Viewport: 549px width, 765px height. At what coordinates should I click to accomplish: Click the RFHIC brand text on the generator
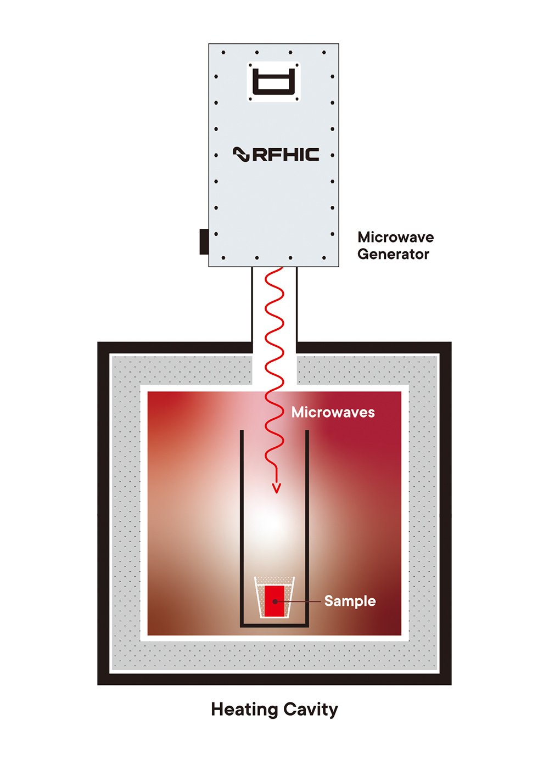click(285, 154)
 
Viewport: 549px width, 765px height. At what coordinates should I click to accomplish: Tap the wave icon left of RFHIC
click(241, 155)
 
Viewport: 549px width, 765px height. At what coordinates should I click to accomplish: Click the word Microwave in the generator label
click(395, 237)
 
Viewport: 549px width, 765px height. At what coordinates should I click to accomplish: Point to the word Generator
click(393, 254)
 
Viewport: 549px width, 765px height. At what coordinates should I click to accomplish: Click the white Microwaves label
click(333, 412)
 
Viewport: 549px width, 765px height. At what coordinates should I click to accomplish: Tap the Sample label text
click(350, 601)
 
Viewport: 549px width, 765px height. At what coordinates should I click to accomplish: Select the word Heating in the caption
click(244, 709)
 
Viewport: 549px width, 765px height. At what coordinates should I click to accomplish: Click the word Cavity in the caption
click(311, 709)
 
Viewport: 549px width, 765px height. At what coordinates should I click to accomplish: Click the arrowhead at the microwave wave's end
click(277, 487)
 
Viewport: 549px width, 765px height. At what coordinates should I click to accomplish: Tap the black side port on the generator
click(204, 241)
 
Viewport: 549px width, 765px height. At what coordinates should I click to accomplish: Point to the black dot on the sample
click(275, 602)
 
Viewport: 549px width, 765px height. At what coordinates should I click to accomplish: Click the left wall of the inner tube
click(242, 527)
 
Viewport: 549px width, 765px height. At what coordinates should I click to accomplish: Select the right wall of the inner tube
click(307, 527)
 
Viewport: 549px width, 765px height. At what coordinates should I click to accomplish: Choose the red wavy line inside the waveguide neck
click(274, 313)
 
